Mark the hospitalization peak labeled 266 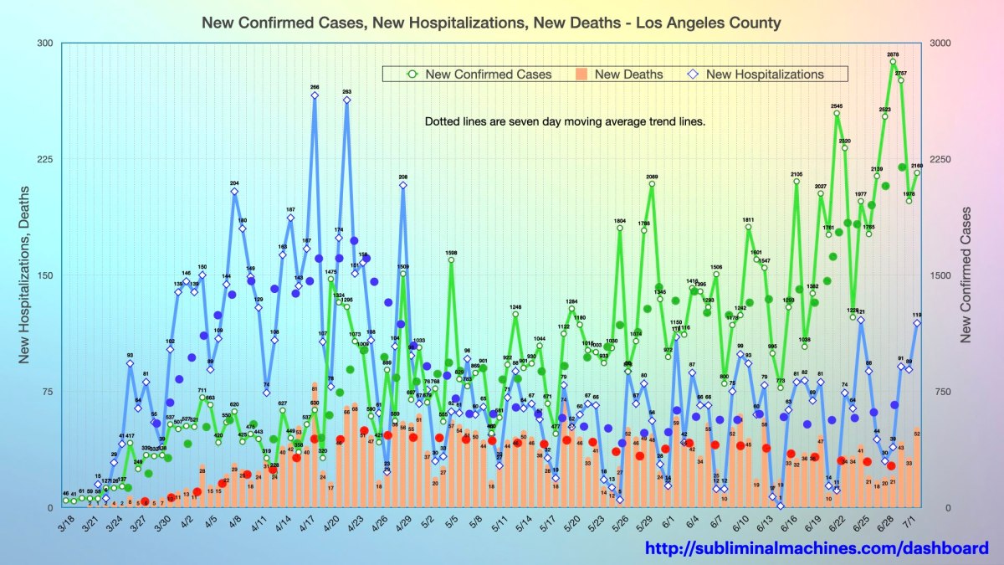[x=315, y=95]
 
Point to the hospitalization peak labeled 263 [x=346, y=100]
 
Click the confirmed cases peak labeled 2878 [x=893, y=61]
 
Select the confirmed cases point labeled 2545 [x=837, y=114]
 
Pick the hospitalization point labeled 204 [x=234, y=191]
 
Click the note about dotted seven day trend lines [x=565, y=121]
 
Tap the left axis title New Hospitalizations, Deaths [x=24, y=275]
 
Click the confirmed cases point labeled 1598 [x=451, y=260]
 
